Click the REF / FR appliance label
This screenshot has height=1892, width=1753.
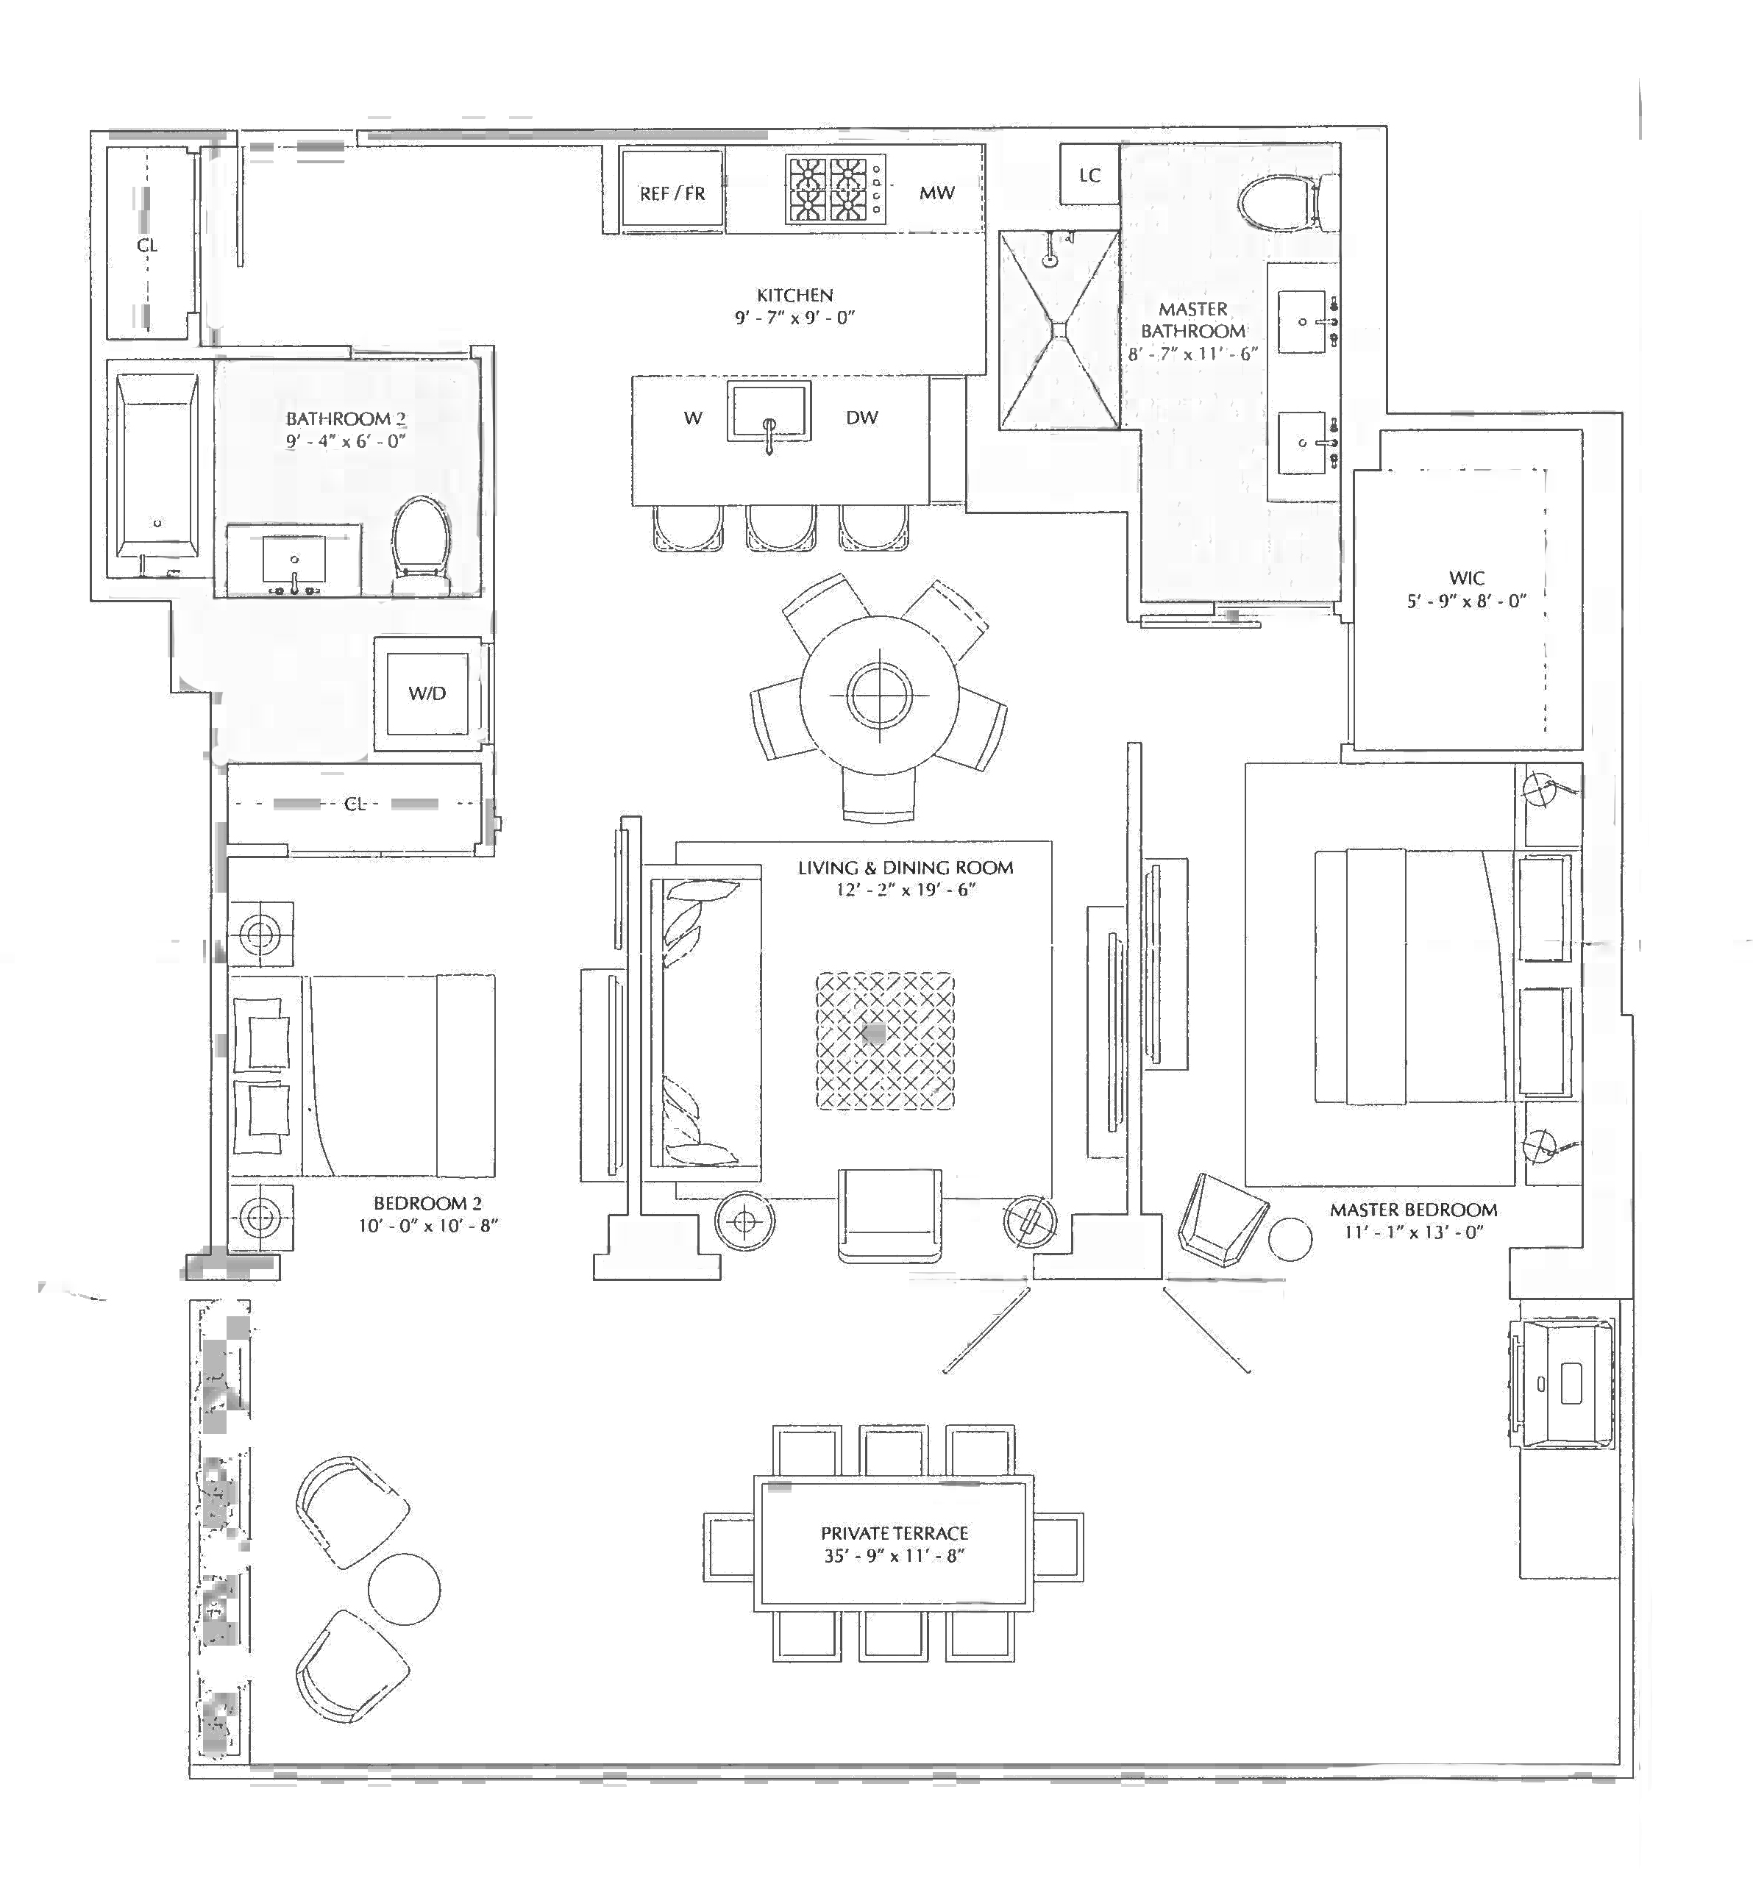coord(672,193)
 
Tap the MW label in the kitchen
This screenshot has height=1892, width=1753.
coord(936,193)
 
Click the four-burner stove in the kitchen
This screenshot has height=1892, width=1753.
coord(835,190)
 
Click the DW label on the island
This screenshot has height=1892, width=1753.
coord(861,417)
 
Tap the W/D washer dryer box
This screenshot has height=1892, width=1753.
coord(427,693)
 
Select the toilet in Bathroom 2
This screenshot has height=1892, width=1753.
coord(422,537)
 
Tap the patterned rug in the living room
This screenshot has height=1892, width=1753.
coord(885,1040)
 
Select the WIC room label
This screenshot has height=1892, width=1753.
coord(1467,577)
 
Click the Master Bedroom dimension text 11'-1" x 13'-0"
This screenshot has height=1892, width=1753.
coord(1413,1232)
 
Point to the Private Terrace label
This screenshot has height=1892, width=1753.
coord(895,1532)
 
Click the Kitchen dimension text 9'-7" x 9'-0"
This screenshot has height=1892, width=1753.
coord(795,318)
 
